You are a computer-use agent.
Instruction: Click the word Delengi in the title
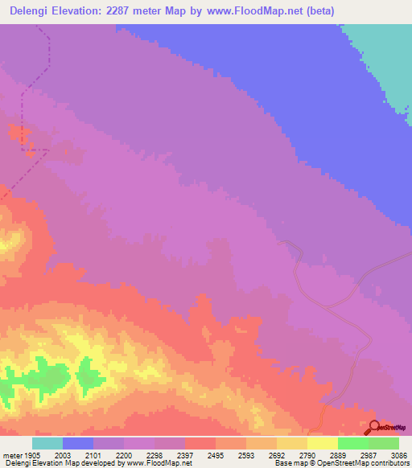pos(33,10)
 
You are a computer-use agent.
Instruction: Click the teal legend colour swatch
pos(47,443)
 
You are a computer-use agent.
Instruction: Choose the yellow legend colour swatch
pos(323,443)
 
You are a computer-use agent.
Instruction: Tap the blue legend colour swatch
pos(78,443)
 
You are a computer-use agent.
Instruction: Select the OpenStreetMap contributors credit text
pos(369,462)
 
